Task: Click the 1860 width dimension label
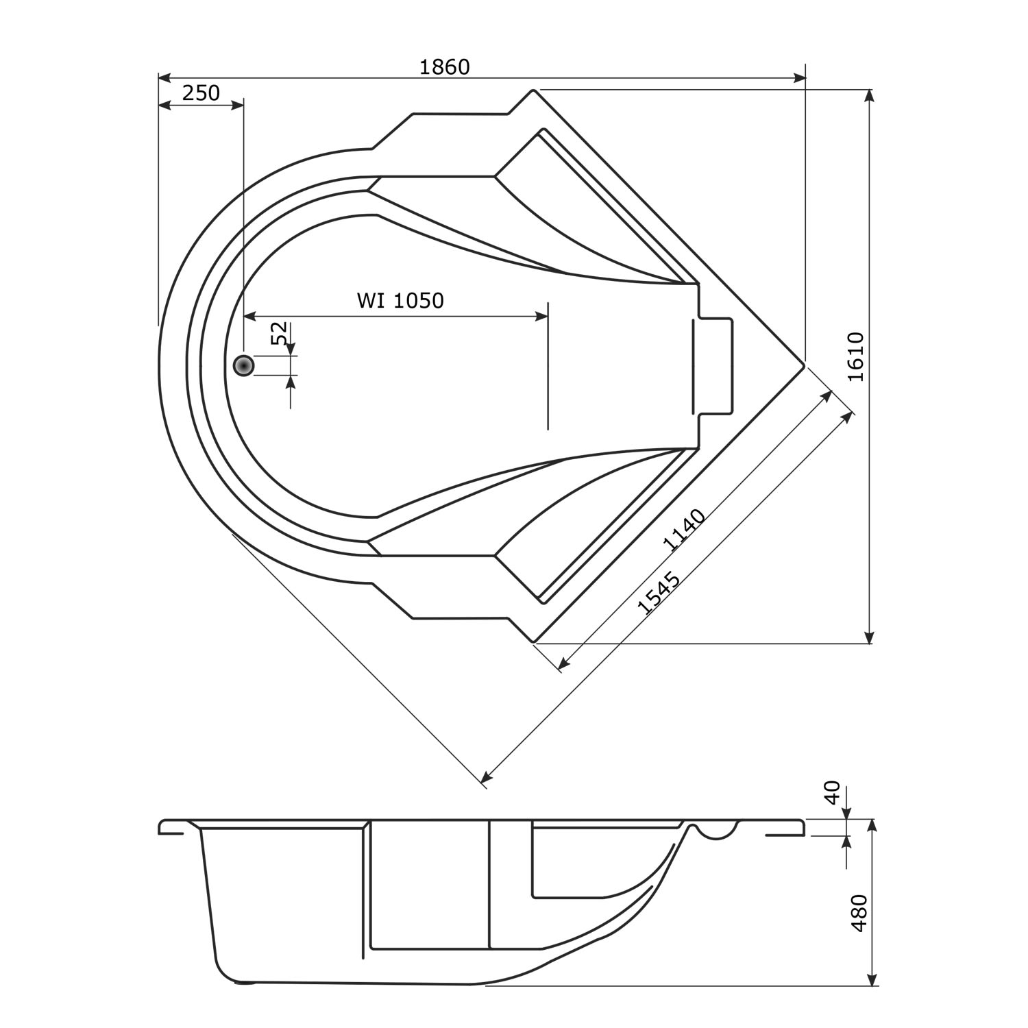(444, 67)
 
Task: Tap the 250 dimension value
(201, 93)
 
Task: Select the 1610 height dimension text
(856, 356)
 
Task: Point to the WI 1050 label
(400, 300)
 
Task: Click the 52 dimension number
(280, 334)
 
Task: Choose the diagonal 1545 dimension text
(659, 592)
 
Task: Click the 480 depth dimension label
(859, 912)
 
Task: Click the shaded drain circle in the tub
(243, 366)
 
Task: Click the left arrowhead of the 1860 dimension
(165, 77)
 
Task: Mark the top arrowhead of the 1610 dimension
(869, 97)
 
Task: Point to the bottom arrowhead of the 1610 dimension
(869, 637)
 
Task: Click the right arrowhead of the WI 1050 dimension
(541, 315)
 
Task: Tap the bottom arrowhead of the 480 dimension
(872, 979)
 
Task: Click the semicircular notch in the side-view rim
(717, 831)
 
